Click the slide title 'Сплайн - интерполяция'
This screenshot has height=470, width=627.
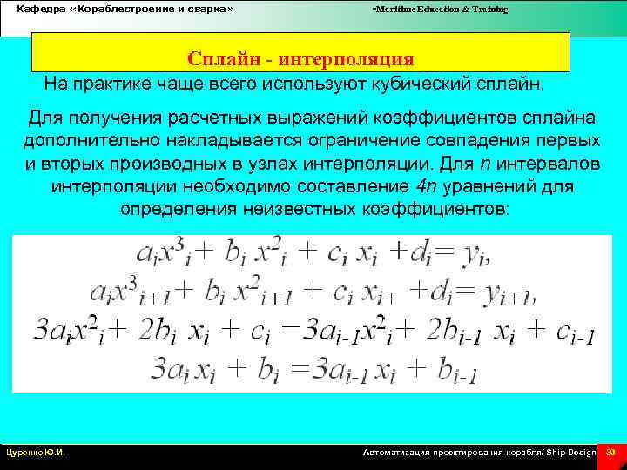click(300, 59)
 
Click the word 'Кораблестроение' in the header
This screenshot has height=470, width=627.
click(126, 9)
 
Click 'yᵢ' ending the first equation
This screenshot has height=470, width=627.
click(475, 253)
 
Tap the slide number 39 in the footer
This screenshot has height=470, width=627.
click(611, 453)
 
